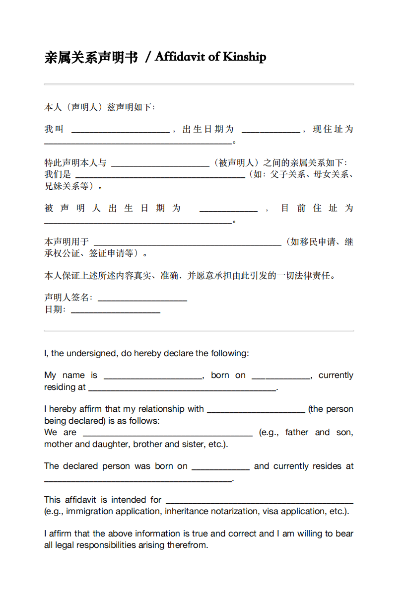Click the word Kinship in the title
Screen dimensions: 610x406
coord(244,57)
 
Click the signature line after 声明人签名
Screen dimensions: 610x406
coord(142,300)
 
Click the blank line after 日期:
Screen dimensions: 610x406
coord(116,312)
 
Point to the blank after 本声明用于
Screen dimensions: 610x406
coord(188,244)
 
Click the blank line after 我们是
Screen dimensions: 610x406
coord(159,177)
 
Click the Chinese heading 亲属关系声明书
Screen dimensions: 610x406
coord(91,58)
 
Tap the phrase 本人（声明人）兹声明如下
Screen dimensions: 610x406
coord(99,107)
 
